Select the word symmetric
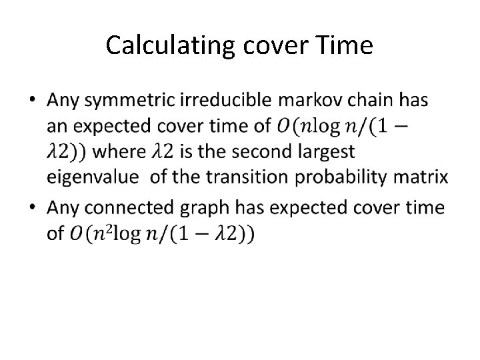pyautogui.click(x=132, y=101)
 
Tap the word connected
pyautogui.click(x=130, y=207)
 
